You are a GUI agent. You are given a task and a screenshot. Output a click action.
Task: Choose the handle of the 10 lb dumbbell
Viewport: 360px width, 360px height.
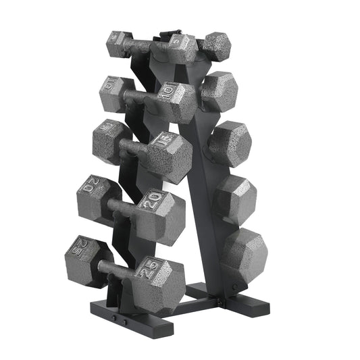[x=140, y=95]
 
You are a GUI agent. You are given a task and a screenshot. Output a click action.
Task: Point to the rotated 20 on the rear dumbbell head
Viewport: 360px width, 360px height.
[x=88, y=189]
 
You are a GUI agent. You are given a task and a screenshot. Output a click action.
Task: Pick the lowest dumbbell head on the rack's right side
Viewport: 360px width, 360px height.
[x=244, y=255]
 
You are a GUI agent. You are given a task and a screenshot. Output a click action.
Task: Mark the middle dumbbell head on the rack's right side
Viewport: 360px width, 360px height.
[x=229, y=144]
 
